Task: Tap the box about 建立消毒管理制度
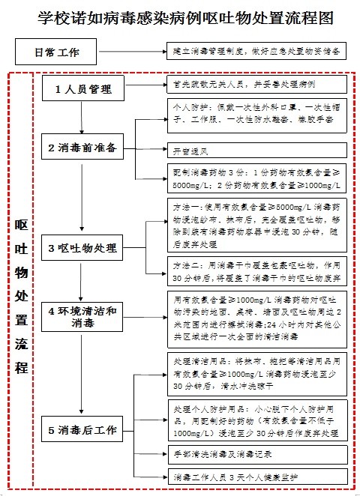tap(257, 53)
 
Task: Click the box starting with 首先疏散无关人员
tap(257, 84)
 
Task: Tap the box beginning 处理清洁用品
tap(257, 375)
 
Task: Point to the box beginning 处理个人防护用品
tap(257, 423)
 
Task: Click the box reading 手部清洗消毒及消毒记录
tap(257, 454)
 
